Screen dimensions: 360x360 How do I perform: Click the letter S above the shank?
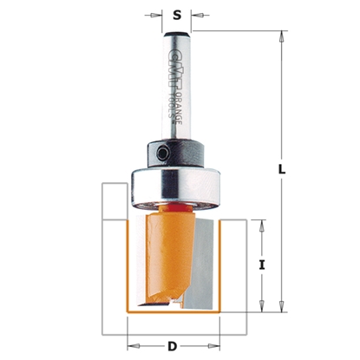(177, 14)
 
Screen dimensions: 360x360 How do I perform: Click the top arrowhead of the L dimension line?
(282, 35)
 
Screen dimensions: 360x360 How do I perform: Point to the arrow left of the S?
(157, 14)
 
